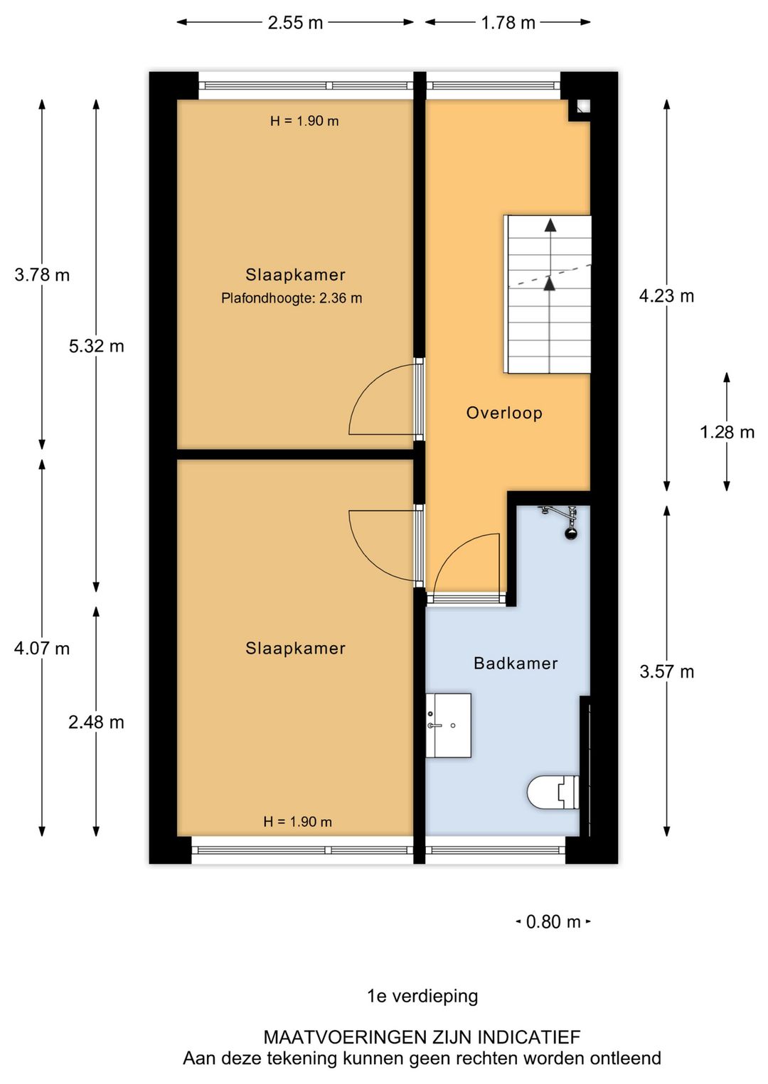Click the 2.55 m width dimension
click(x=295, y=23)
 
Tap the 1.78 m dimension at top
click(x=508, y=23)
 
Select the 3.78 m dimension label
click(x=42, y=275)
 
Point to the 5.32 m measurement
click(x=96, y=346)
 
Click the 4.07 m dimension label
click(x=42, y=648)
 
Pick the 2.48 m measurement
click(x=96, y=722)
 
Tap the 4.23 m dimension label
click(x=666, y=296)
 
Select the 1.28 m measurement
click(x=727, y=432)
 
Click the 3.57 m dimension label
click(x=666, y=671)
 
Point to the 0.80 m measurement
click(x=553, y=922)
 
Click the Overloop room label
click(x=504, y=413)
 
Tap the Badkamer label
click(x=516, y=663)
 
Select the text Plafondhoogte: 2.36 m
click(x=292, y=298)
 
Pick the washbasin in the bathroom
click(x=449, y=725)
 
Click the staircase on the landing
click(x=548, y=294)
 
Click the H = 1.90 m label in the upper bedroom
click(x=304, y=121)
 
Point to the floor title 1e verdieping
click(x=422, y=996)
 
